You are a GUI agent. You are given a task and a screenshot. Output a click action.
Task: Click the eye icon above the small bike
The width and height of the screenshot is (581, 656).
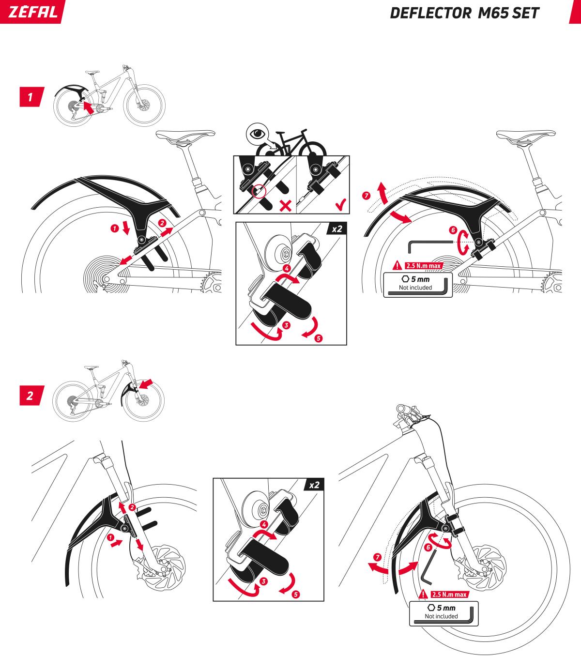click(x=257, y=133)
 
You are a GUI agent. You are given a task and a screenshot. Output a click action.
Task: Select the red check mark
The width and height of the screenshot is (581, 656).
click(x=340, y=206)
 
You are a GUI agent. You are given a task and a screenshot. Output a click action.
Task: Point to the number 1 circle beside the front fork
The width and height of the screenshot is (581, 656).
click(x=111, y=537)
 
